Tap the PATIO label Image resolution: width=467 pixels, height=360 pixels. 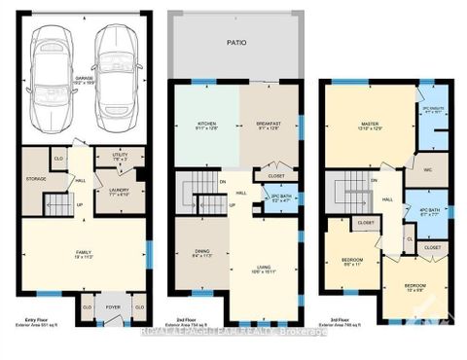pyautogui.click(x=234, y=44)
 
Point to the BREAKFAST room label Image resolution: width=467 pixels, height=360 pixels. pyautogui.click(x=269, y=125)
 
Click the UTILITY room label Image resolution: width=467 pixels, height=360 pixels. pyautogui.click(x=120, y=155)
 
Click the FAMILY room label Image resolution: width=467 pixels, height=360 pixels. pyautogui.click(x=84, y=254)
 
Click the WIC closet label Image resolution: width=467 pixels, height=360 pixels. pyautogui.click(x=427, y=168)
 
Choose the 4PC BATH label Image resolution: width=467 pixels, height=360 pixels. pyautogui.click(x=429, y=209)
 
